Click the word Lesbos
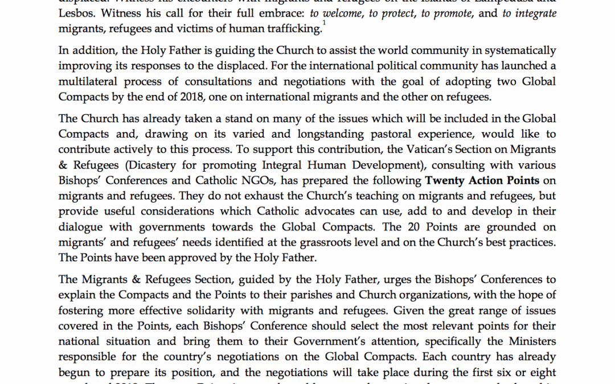click(76, 14)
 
